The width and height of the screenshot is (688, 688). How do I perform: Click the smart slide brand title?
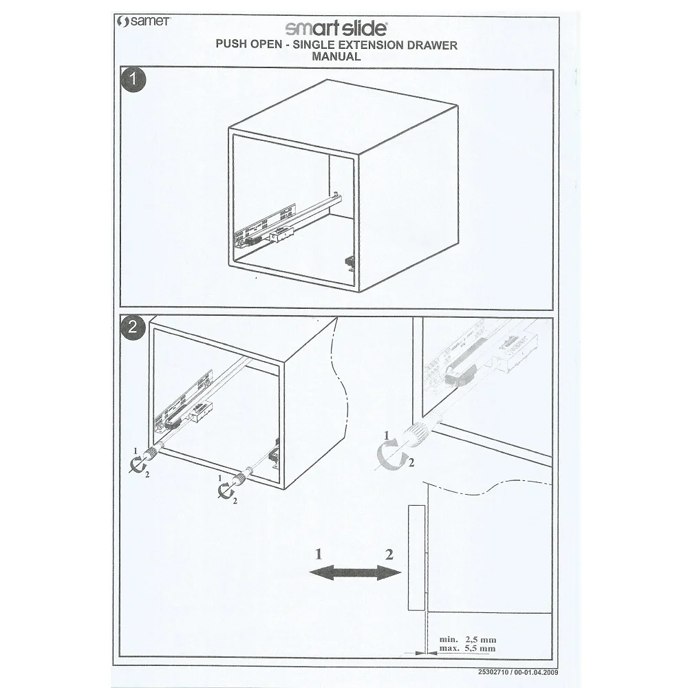tap(336, 29)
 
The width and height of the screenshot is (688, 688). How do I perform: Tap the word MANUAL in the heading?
tap(336, 58)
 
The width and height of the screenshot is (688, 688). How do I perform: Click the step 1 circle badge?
tap(133, 80)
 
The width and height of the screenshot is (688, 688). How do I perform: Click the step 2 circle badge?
tap(133, 328)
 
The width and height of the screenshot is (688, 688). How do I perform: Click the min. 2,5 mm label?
tap(467, 639)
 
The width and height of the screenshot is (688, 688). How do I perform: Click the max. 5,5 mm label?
tap(467, 648)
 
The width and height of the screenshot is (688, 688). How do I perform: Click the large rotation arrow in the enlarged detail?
tap(391, 454)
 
